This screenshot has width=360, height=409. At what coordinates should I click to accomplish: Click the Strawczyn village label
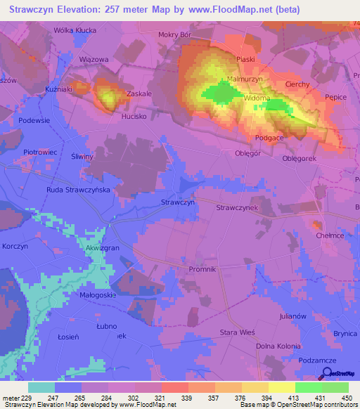point(177,202)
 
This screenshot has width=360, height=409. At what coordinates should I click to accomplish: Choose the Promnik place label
point(202,269)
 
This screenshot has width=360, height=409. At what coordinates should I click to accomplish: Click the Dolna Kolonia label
point(278,346)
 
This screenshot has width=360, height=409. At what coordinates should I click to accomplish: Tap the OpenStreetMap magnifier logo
point(325,375)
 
